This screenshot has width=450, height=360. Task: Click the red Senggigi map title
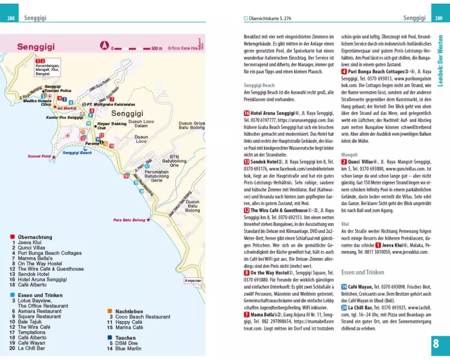click(36, 46)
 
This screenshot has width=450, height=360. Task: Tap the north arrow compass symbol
click(104, 45)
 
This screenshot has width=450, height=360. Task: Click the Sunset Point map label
click(39, 156)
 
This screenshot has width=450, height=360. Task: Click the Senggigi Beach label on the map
click(77, 153)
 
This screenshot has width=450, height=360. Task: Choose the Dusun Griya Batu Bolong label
click(192, 126)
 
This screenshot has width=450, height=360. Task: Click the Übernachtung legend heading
click(35, 237)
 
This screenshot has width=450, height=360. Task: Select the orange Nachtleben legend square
click(110, 311)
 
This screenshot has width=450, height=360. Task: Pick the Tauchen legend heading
click(126, 337)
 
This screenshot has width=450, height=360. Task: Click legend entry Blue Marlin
click(128, 348)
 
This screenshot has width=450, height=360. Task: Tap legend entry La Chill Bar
click(31, 348)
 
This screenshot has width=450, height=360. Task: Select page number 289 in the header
click(438, 18)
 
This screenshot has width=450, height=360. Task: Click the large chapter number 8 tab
click(436, 344)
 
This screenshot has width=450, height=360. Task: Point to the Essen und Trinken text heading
click(363, 272)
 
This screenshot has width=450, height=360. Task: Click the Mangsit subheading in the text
click(350, 153)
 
